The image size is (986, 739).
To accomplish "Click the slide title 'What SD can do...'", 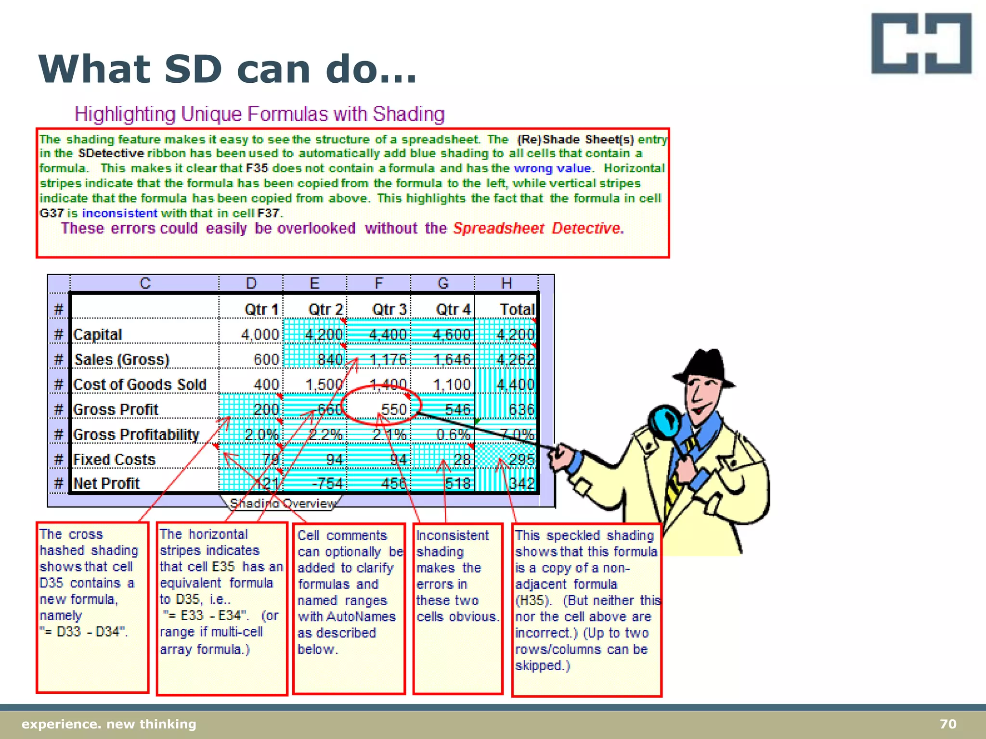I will coord(227,69).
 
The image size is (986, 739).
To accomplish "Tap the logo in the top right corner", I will coord(921,43).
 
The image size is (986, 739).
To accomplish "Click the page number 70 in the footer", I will coord(947,724).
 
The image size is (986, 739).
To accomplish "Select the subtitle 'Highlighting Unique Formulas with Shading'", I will coord(259,115).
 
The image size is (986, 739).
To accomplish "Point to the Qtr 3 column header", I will coord(389,309).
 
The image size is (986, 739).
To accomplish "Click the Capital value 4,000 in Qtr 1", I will coord(260,334).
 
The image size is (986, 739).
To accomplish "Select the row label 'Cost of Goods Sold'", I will coord(140,384).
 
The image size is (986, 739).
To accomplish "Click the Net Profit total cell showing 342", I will coord(521,483).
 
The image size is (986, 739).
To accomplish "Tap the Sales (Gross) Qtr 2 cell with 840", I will coord(330,359).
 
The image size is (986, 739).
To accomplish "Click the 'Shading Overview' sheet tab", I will coord(283,503).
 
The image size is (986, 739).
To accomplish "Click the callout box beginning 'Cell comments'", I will coord(349,609).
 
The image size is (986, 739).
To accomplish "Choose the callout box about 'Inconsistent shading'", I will coord(458,609).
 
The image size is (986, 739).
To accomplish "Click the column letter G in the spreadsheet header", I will coord(442,283).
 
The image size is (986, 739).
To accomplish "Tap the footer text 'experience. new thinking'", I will coord(109,724).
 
